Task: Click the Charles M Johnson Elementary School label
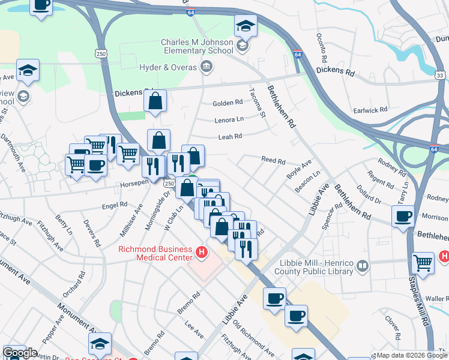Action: point(196,46)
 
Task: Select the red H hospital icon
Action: point(202,254)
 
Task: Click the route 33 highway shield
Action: point(440,76)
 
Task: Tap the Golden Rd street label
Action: point(227,103)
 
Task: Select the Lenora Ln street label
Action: point(229,120)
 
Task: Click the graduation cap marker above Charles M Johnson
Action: point(246,25)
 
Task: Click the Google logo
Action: point(20,353)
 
